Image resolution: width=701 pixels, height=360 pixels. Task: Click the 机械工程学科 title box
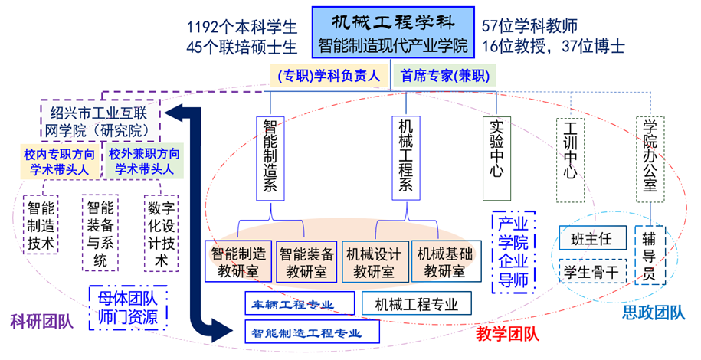point(393,32)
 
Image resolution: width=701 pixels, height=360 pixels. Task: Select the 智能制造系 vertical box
point(270,159)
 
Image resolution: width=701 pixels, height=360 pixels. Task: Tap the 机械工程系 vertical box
point(406,158)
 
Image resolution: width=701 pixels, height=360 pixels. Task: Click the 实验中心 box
point(496,159)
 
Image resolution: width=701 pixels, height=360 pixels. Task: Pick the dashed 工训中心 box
point(571,159)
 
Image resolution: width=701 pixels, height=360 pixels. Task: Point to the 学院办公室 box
point(650,159)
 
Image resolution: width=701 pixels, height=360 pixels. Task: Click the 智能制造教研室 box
point(238,262)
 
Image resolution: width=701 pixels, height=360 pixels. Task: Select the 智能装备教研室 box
point(306,262)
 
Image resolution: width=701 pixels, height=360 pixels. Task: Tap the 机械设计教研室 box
point(375,262)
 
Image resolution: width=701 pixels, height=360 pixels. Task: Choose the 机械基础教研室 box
point(446,262)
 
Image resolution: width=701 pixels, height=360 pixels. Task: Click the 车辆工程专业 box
point(300,303)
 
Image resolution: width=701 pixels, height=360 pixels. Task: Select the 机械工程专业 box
point(416,303)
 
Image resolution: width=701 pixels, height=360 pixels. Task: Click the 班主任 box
point(592,238)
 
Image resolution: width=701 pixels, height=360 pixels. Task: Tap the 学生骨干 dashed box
point(592,271)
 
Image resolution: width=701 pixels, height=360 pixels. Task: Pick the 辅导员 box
point(650,255)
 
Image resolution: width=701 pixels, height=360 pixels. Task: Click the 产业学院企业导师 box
point(513,252)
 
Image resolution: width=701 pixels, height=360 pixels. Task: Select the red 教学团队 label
point(507,334)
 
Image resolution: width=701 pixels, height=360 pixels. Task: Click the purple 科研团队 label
point(41,322)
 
